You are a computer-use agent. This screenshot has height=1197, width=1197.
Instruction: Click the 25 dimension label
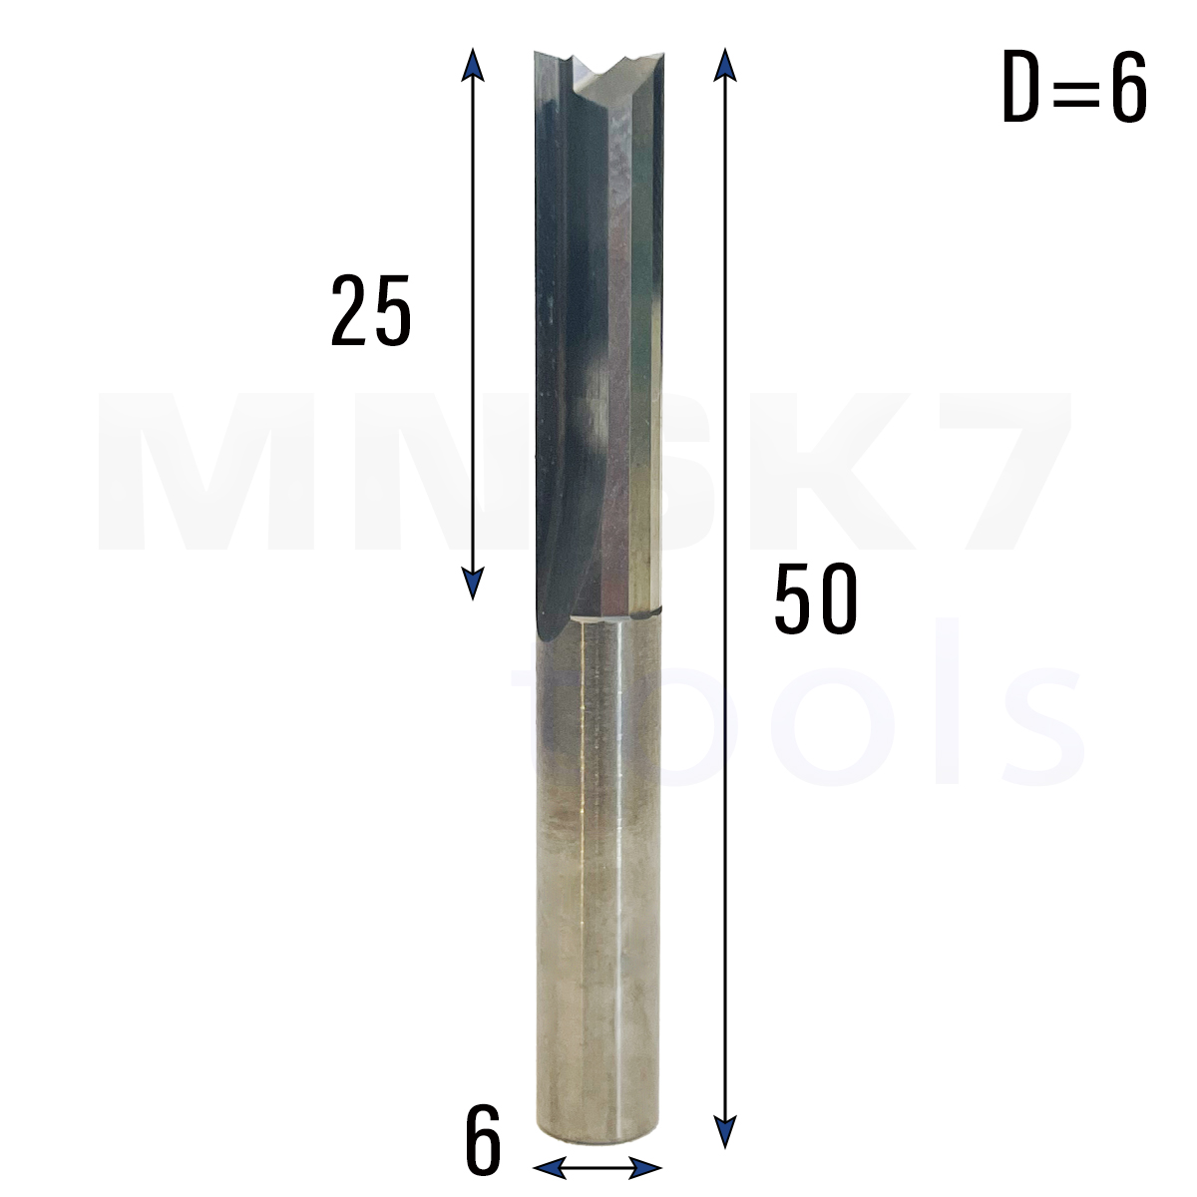371,310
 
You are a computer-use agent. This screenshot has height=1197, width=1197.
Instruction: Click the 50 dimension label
816,598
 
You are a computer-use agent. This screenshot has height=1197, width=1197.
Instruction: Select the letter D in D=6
1021,87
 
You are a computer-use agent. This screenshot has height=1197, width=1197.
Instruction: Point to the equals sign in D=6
1075,88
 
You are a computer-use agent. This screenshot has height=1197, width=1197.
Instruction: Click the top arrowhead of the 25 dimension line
473,65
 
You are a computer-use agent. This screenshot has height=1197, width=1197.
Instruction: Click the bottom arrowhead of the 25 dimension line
473,584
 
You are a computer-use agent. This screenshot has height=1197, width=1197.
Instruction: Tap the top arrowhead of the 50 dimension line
725,65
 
